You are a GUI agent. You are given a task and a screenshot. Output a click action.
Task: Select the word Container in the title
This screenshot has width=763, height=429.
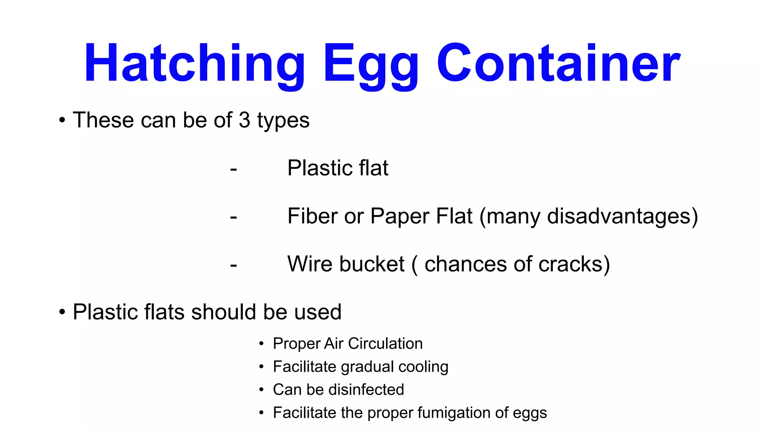(x=558, y=63)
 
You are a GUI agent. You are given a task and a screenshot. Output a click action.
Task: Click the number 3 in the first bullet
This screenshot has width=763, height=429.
(x=244, y=120)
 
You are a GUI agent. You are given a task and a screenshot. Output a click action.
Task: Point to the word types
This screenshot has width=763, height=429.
(x=283, y=121)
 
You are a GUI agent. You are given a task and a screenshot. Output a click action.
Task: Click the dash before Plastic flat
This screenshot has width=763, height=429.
(x=234, y=169)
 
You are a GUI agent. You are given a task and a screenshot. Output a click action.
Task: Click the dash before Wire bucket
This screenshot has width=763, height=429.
(x=234, y=266)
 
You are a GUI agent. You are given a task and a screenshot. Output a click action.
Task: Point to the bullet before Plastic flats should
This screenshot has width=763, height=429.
(x=62, y=312)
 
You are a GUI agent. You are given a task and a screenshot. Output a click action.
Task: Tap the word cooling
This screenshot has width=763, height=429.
(x=423, y=367)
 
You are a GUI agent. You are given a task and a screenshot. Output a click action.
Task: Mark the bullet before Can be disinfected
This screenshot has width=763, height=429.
(x=262, y=390)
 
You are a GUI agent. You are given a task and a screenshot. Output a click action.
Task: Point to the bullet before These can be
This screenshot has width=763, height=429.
(x=62, y=120)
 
